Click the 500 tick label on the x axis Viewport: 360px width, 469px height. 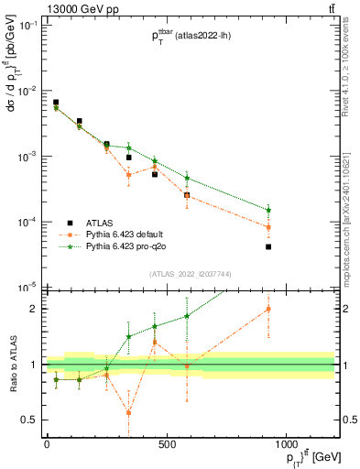pos(167,446)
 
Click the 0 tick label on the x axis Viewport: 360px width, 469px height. pos(47,446)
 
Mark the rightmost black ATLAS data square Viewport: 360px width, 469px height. pos(268,246)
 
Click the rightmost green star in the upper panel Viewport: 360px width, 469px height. pos(268,210)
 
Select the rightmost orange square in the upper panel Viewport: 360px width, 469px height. pos(268,227)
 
